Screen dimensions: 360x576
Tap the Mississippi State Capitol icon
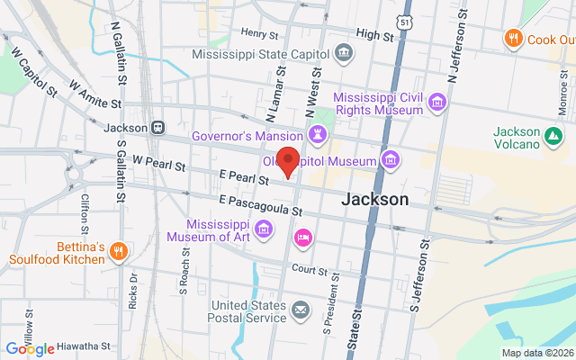(x=344, y=53)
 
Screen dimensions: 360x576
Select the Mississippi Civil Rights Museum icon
(x=436, y=103)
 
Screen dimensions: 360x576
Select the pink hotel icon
(x=303, y=238)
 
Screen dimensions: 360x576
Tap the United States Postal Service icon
(x=299, y=311)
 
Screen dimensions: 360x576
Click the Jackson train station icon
(x=157, y=128)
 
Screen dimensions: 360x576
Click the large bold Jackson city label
(x=375, y=199)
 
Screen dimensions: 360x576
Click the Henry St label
(x=260, y=33)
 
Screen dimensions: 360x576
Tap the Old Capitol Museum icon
(x=391, y=161)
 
